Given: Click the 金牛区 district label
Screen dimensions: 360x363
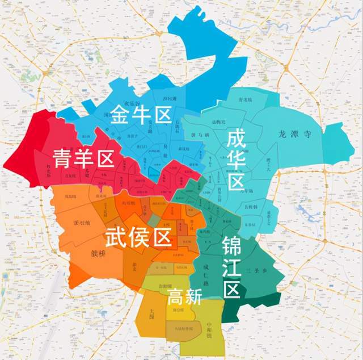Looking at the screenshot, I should (141, 114).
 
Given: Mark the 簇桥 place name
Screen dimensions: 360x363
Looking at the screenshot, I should (98, 253).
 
